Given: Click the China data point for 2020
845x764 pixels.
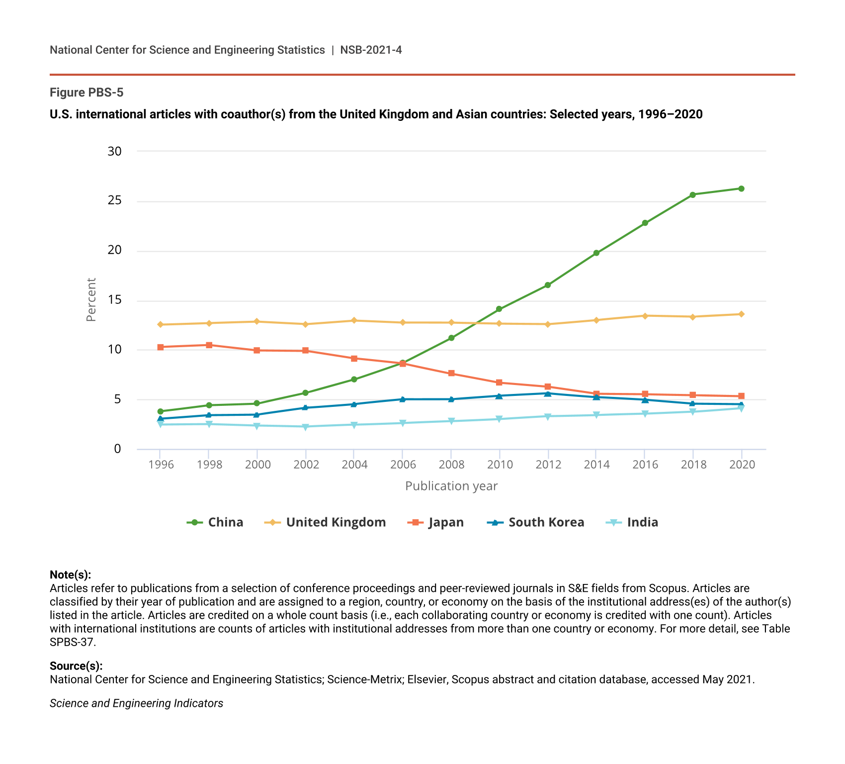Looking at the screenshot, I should tap(741, 189).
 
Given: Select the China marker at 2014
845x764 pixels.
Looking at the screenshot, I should tap(596, 253).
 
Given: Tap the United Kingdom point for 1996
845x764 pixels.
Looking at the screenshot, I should tap(160, 324).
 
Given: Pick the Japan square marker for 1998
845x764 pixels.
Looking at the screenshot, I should tap(209, 345).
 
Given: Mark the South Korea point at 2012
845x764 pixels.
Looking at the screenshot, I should tap(547, 393).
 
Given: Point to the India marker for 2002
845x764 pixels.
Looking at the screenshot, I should tap(305, 427).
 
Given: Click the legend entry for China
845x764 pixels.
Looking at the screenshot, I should tap(215, 522).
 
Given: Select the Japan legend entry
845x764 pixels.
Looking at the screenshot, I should tap(435, 522).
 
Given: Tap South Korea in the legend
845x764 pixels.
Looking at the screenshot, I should tap(536, 522).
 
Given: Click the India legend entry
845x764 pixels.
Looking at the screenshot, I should tap(633, 522).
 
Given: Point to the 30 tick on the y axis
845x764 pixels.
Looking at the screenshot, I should tap(115, 151).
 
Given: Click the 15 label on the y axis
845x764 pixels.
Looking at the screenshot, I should tap(115, 300).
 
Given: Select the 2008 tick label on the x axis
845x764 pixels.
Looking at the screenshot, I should tap(451, 465).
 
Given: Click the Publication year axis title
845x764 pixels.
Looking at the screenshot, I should tap(451, 486).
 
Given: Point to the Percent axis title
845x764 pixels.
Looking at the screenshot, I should tap(91, 300).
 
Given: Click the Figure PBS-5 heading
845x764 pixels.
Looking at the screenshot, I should tap(86, 93).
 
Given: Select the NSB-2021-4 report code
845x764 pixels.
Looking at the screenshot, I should tap(371, 50).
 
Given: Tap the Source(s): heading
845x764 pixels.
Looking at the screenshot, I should tap(76, 666).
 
